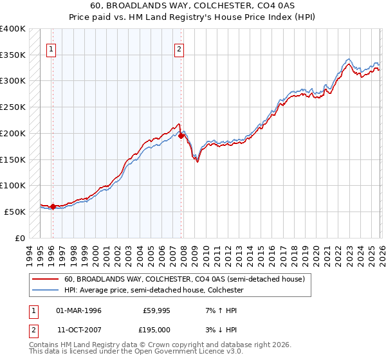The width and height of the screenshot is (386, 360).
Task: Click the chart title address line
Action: point(193,6)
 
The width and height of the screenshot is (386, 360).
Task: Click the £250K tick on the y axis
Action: point(13,107)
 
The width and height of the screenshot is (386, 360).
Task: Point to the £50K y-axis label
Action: point(15,212)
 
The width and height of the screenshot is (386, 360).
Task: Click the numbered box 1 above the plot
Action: point(51,48)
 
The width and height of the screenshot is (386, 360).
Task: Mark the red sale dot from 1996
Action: point(53,206)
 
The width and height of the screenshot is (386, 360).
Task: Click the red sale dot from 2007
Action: point(181,136)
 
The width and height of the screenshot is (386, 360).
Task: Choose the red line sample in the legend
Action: point(46,279)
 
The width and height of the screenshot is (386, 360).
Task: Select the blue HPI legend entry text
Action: point(154,290)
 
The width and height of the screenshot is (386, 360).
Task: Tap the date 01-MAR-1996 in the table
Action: point(79,310)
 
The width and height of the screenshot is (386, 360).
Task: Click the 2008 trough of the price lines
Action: point(197,161)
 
